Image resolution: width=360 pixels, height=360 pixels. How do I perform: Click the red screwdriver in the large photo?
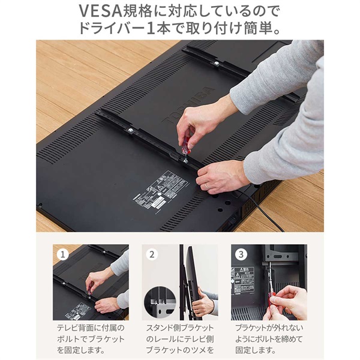coord(185,143)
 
